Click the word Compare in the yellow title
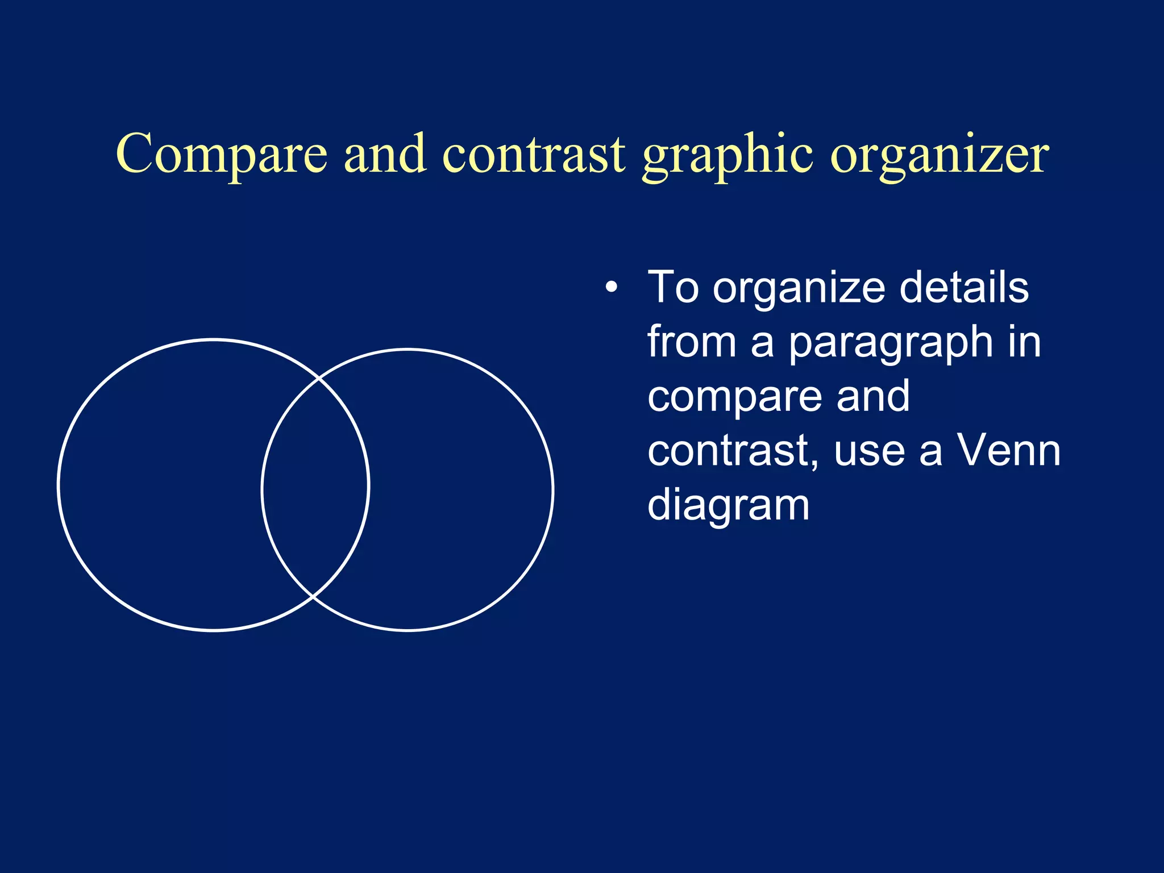[x=222, y=154]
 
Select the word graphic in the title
[x=727, y=156]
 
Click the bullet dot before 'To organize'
[x=611, y=288]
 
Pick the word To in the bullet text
[x=673, y=288]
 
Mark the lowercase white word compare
[x=733, y=398]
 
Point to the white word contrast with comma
[x=733, y=451]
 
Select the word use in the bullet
[x=869, y=452]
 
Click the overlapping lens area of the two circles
[x=315, y=487]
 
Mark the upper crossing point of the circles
[x=319, y=377]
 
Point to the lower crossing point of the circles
[x=313, y=597]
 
